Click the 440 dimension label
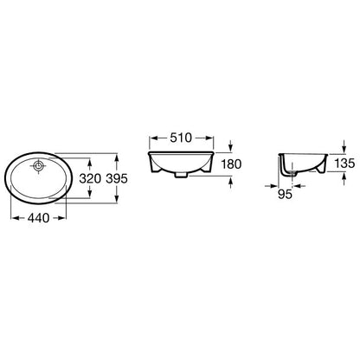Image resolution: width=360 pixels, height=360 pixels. click(38, 218)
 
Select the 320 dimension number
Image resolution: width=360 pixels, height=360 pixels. click(90, 178)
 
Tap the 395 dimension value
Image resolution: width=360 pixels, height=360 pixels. click(117, 178)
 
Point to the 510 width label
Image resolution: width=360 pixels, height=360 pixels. click(181, 138)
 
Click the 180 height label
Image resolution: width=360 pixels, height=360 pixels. click(231, 164)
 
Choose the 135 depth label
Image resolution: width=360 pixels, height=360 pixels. click(344, 164)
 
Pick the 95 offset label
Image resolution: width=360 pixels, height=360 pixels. click(285, 195)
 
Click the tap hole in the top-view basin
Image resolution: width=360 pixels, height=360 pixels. click(39, 165)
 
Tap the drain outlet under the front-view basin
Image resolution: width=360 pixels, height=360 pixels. click(181, 175)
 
